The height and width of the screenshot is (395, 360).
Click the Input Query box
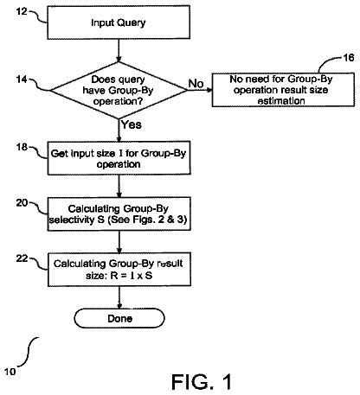click(119, 22)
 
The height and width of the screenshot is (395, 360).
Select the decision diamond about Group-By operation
click(119, 90)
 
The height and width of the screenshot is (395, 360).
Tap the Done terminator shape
click(119, 318)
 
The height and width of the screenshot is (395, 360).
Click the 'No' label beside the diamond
click(196, 84)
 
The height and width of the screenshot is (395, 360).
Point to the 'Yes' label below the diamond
click(132, 124)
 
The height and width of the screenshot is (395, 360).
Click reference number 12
click(22, 11)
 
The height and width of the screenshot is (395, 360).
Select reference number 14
click(22, 80)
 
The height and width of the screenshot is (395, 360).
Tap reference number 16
click(349, 58)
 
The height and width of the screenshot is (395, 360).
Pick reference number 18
click(22, 147)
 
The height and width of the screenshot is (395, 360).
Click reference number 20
click(22, 203)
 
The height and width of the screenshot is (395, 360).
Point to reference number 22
click(22, 258)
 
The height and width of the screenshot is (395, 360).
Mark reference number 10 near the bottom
click(10, 372)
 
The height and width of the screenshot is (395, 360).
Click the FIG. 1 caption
click(202, 382)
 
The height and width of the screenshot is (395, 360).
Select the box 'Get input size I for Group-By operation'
click(119, 158)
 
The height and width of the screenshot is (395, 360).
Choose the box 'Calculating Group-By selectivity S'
click(119, 213)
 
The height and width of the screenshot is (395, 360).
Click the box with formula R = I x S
click(119, 270)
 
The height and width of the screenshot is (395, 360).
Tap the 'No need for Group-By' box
click(283, 90)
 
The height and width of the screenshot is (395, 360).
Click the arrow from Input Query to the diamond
click(119, 50)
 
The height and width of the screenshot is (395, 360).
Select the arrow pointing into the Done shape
click(119, 297)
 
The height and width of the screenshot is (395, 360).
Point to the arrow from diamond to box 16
click(200, 90)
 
